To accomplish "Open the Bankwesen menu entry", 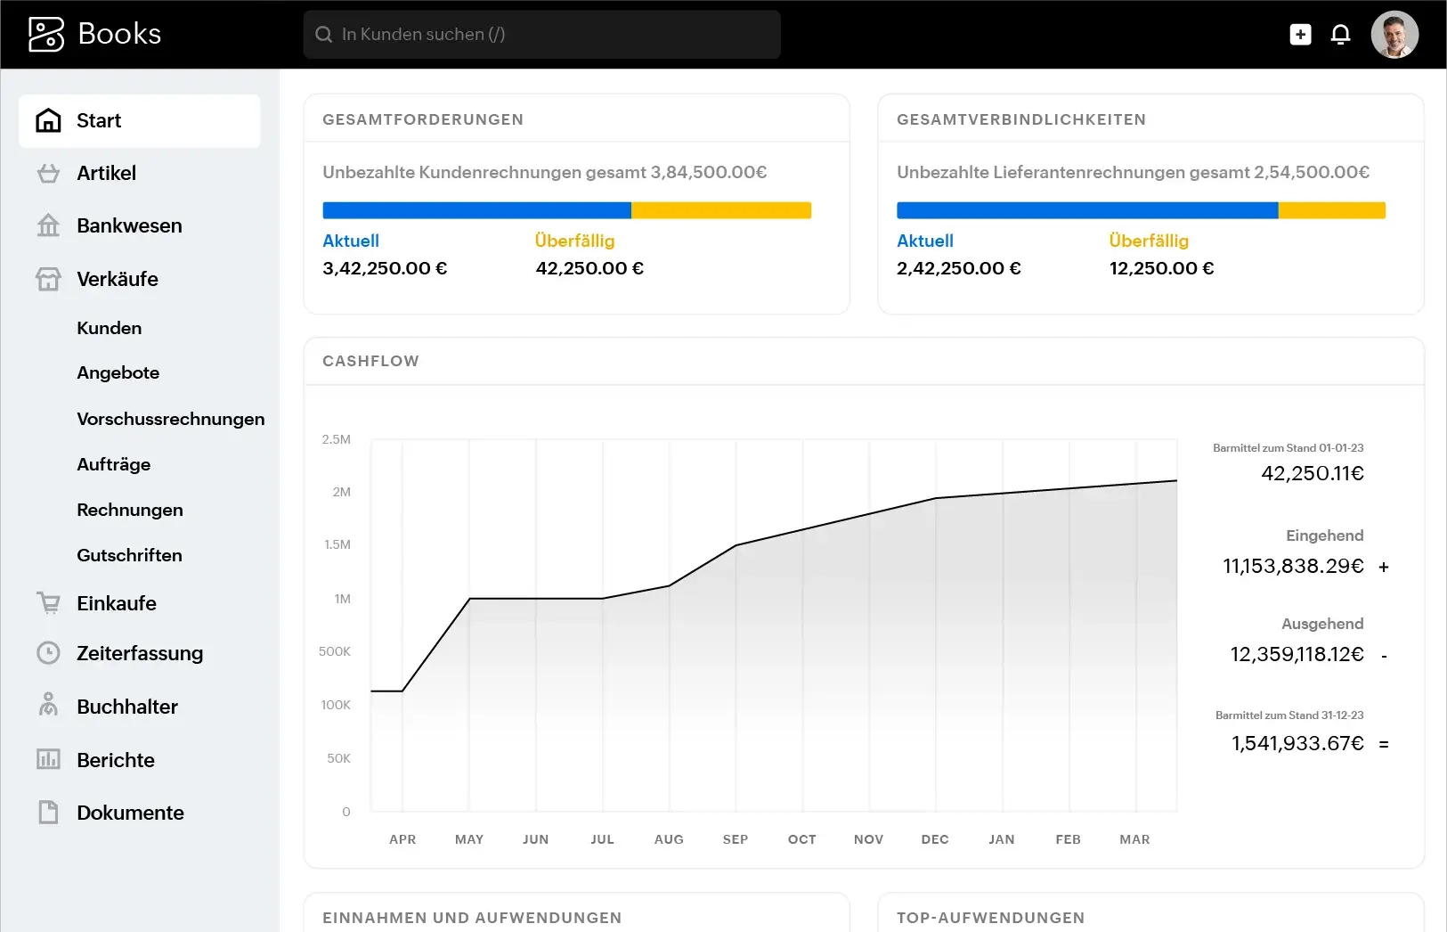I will click(x=128, y=225).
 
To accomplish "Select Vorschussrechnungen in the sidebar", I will click(x=170, y=419).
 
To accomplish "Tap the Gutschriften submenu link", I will click(x=129, y=555).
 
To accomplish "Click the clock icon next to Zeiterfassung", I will click(x=48, y=653).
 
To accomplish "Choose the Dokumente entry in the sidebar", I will click(x=130, y=813).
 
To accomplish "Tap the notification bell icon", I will click(x=1340, y=35).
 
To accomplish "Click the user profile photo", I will click(x=1394, y=35).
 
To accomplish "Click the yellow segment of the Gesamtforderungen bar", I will click(x=720, y=210).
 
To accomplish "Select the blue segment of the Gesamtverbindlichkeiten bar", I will click(x=1086, y=210).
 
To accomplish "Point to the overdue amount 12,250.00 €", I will click(x=1161, y=268).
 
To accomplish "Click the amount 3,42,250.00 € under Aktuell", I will click(x=385, y=268).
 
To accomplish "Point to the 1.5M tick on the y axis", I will click(x=337, y=544).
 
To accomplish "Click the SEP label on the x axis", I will click(x=736, y=839).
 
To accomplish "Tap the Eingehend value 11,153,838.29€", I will click(x=1293, y=566).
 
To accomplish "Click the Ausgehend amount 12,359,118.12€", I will click(x=1297, y=654).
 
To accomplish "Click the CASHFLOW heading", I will click(x=370, y=361).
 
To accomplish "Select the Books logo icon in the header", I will click(x=46, y=35).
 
